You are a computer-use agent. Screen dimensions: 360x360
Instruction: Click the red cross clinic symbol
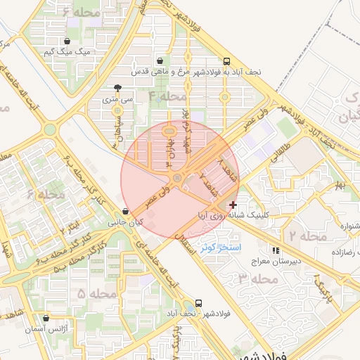[x=233, y=204]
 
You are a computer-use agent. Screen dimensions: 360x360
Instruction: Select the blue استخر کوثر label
[x=221, y=248]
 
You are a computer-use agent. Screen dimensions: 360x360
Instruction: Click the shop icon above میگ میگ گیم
[x=67, y=41]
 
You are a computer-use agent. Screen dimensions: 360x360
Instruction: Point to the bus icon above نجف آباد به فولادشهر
[x=226, y=61]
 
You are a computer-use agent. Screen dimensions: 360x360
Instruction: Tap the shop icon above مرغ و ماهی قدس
[x=162, y=60]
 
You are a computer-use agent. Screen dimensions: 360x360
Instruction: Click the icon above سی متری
[x=117, y=89]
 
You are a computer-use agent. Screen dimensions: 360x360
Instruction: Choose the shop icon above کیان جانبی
[x=125, y=211]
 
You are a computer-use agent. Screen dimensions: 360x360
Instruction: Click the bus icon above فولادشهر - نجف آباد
[x=199, y=303]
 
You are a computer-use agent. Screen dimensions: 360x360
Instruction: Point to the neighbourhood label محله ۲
[x=304, y=236]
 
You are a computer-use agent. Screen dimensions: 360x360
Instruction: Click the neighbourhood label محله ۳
[x=253, y=279]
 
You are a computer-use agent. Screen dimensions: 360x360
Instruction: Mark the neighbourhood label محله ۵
[x=97, y=292]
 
